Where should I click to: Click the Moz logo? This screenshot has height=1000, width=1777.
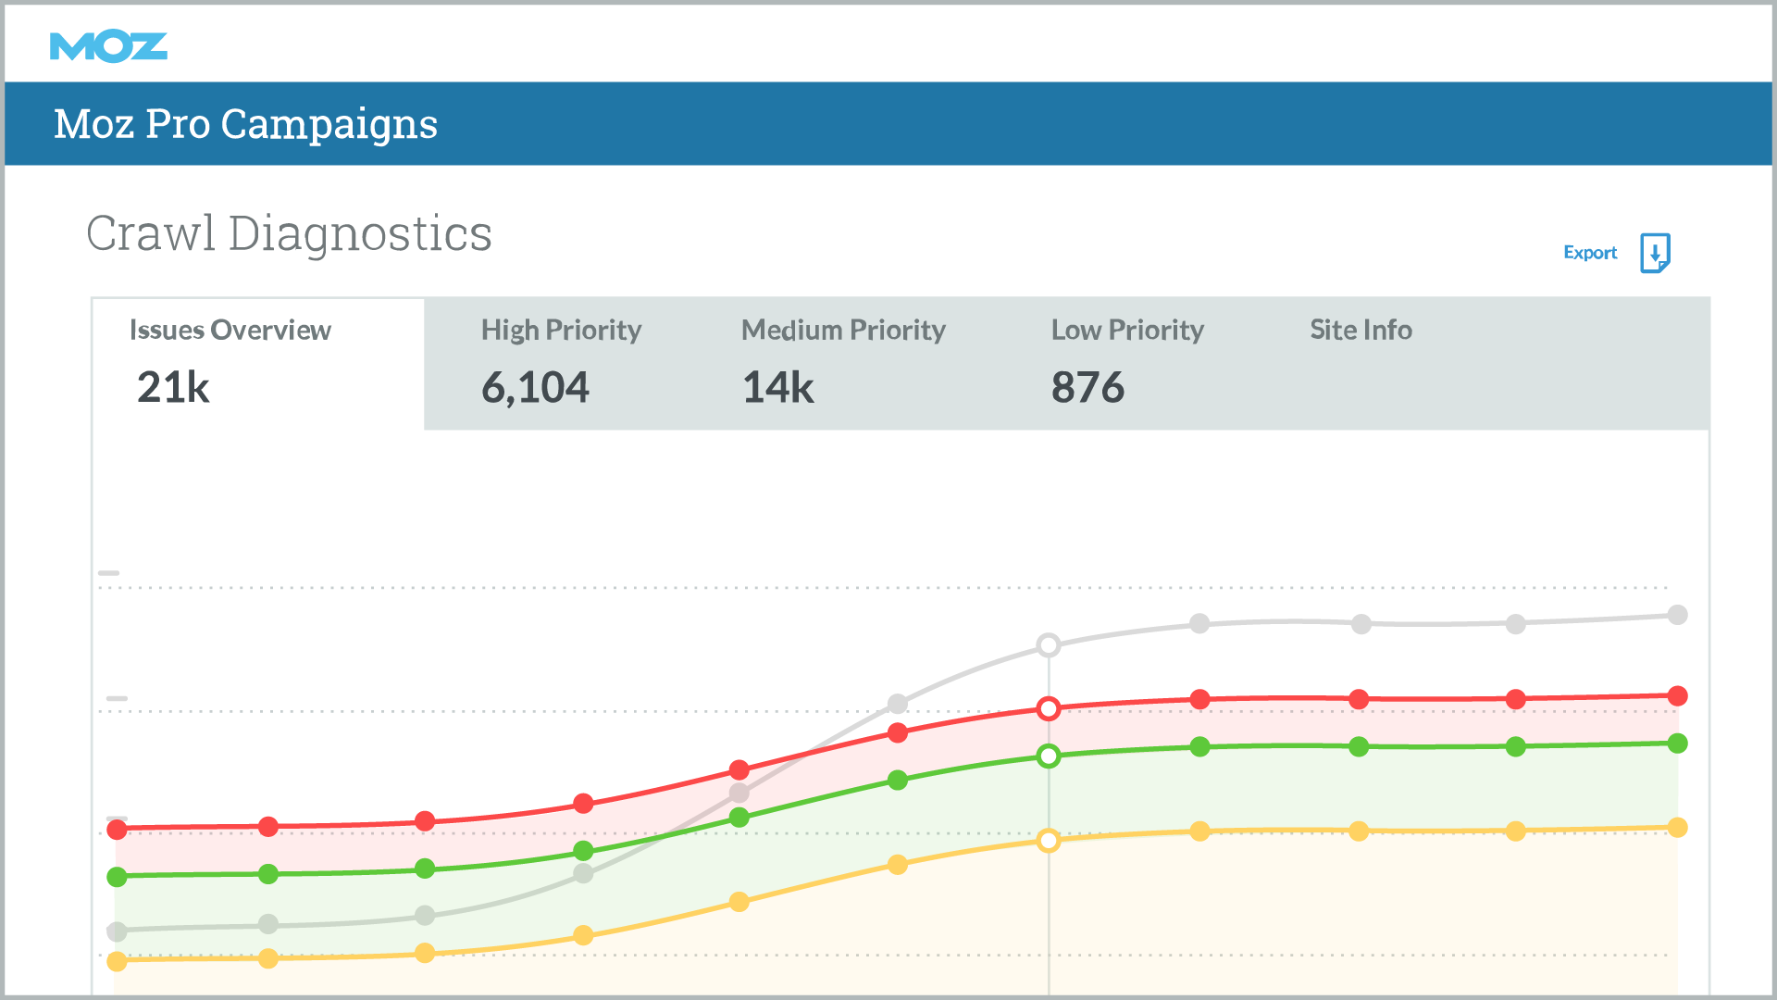pos(108,46)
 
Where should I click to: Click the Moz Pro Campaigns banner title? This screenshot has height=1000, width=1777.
pos(245,124)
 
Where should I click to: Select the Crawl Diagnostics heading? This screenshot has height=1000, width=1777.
pos(289,233)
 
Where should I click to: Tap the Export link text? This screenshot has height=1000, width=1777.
pos(1590,253)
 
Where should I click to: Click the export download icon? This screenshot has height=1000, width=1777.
pos(1655,253)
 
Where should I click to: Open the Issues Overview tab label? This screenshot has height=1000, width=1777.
pos(230,330)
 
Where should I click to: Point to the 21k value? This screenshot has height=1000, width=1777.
pos(173,387)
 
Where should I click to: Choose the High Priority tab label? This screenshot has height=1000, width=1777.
pos(561,330)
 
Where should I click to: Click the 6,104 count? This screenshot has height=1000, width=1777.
pos(535,387)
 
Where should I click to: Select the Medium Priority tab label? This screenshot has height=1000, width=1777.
pos(843,330)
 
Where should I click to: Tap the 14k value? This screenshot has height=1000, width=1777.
pos(777,387)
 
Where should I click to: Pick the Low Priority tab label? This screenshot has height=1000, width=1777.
pos(1127,330)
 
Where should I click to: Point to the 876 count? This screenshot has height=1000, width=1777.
pos(1087,387)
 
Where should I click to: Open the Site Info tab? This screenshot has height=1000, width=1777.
pos(1361,330)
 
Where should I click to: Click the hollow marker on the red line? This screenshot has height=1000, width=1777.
pos(1049,709)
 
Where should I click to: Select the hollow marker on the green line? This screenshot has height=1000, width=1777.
pos(1049,756)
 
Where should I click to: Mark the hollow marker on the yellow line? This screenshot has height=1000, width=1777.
pos(1049,841)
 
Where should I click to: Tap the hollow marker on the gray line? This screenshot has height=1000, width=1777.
pos(1049,645)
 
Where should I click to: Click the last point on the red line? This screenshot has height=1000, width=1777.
pos(1677,696)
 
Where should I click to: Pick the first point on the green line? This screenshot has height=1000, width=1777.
pos(117,877)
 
